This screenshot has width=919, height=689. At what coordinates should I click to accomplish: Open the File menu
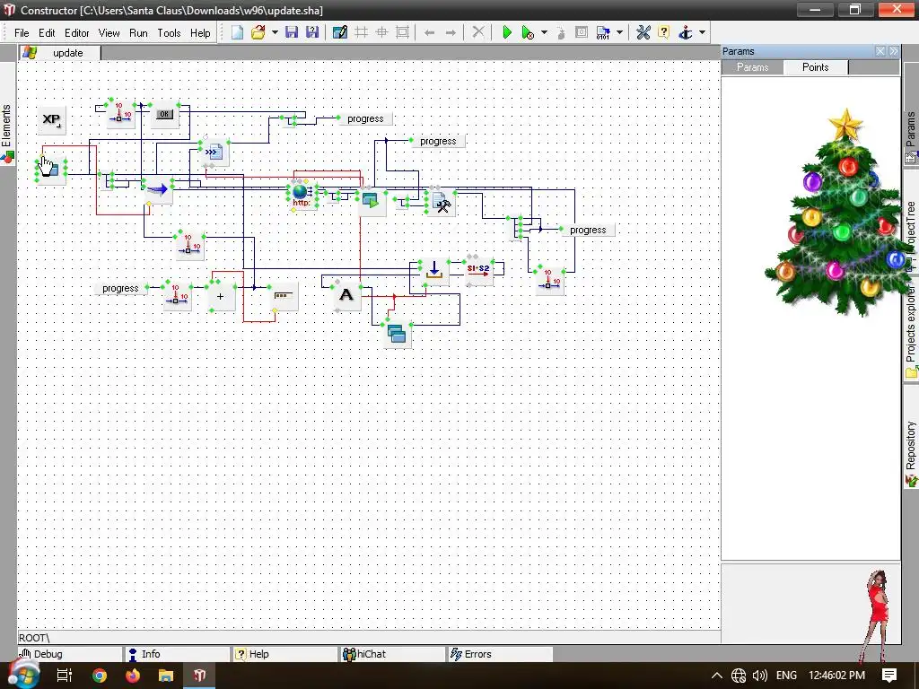tap(22, 33)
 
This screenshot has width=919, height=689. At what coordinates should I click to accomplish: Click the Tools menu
tap(169, 33)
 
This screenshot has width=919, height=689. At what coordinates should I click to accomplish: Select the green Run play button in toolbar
tap(507, 32)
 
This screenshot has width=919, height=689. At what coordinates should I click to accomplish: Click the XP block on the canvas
tap(52, 119)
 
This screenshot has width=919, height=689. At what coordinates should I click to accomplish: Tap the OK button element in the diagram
tap(163, 115)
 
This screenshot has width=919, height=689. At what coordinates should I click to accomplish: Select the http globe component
tap(301, 194)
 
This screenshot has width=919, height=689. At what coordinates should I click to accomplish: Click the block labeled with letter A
tap(346, 295)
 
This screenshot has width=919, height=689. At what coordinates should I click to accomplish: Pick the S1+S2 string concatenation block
tap(478, 269)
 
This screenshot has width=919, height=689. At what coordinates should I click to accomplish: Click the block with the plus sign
tap(220, 296)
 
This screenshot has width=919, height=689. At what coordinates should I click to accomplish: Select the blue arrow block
tap(158, 190)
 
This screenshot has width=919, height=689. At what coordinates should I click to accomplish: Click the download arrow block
tap(434, 269)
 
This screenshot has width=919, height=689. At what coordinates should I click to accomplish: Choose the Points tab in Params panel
tap(815, 67)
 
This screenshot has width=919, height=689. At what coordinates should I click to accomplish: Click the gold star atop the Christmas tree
tap(845, 126)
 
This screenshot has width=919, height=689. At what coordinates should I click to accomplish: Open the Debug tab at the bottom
tap(48, 654)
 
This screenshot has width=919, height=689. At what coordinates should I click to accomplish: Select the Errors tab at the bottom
tap(477, 654)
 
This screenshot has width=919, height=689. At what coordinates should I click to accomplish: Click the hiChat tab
tap(371, 654)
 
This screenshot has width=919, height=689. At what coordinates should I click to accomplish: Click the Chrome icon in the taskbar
tap(100, 676)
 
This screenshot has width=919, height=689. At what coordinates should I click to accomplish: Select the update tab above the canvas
tap(67, 53)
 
